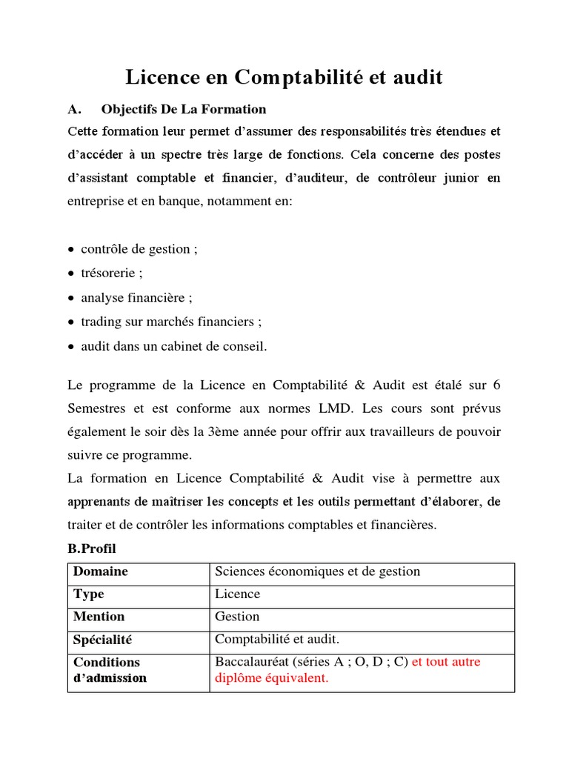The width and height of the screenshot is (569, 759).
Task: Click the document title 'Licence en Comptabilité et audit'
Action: tap(284, 77)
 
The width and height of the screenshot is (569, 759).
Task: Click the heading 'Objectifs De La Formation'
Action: tap(184, 110)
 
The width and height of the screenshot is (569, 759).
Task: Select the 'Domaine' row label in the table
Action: tap(101, 571)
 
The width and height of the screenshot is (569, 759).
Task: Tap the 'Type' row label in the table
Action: tap(89, 594)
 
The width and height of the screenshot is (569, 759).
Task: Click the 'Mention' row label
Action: tap(99, 617)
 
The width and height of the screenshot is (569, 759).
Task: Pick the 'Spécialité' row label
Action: tap(103, 639)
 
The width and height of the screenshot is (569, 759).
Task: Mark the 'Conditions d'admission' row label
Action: tap(110, 669)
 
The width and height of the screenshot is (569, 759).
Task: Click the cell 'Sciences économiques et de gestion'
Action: tap(317, 571)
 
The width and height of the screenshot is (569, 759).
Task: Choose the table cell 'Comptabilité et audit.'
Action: tap(276, 639)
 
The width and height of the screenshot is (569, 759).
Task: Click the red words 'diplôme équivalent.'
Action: tap(271, 678)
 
